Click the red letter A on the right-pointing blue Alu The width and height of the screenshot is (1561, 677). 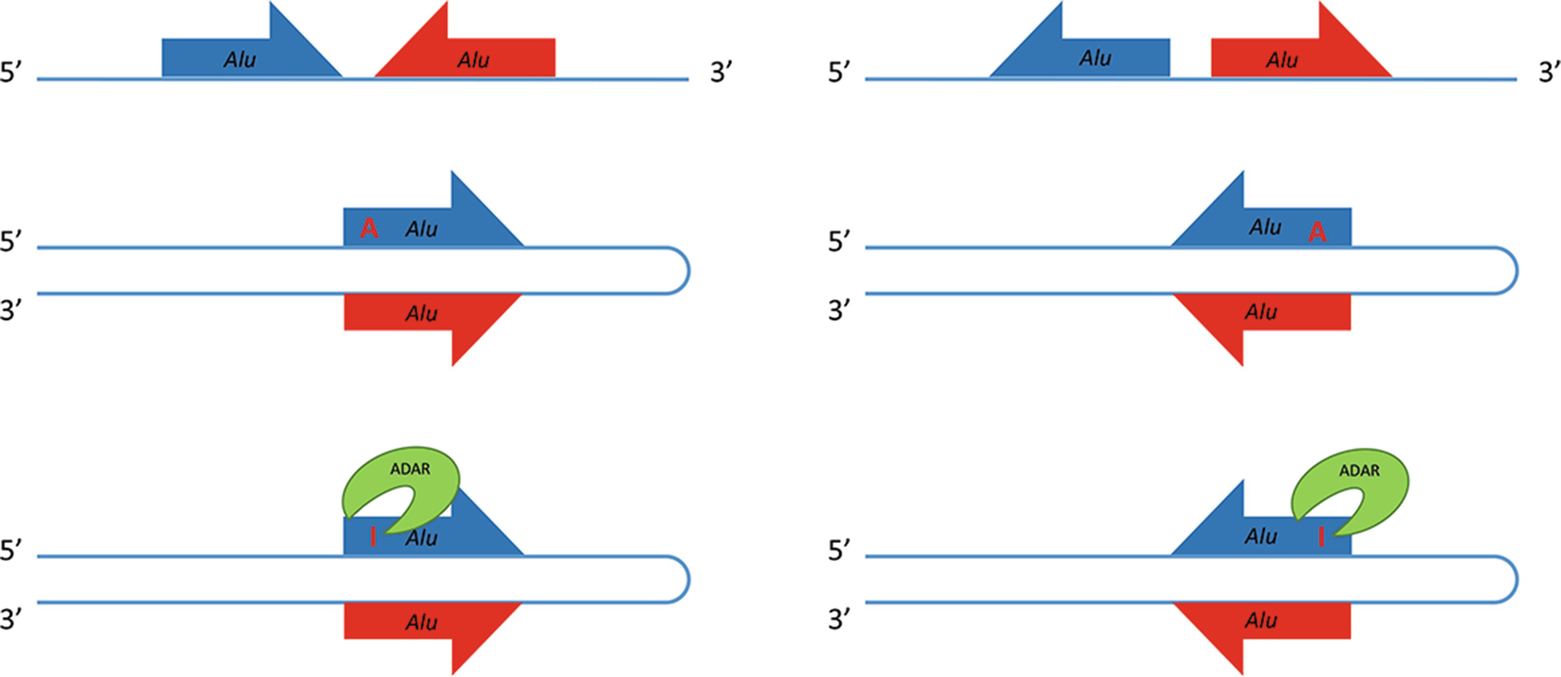(370, 228)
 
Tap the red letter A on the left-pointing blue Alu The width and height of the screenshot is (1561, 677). (1316, 232)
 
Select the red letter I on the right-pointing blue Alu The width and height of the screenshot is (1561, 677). (373, 536)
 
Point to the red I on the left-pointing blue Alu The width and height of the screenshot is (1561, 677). (1321, 536)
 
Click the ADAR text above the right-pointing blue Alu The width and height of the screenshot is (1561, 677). (410, 469)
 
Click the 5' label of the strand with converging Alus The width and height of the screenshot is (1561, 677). (11, 72)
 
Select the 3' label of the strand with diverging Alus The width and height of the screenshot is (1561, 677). (1548, 72)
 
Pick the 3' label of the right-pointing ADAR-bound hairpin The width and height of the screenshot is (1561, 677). (11, 618)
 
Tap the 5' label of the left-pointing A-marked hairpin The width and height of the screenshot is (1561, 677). (840, 242)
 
